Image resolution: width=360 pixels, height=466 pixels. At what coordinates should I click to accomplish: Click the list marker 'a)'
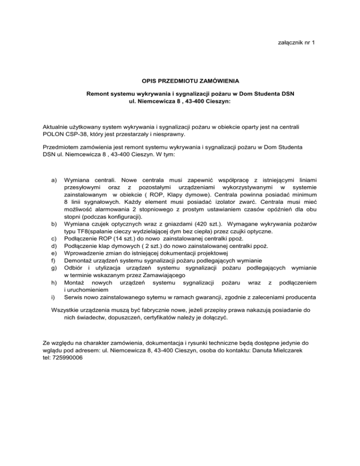(x=45, y=180)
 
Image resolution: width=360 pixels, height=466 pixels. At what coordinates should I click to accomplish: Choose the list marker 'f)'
(x=45, y=260)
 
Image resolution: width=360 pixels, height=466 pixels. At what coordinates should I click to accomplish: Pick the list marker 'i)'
(x=45, y=297)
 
